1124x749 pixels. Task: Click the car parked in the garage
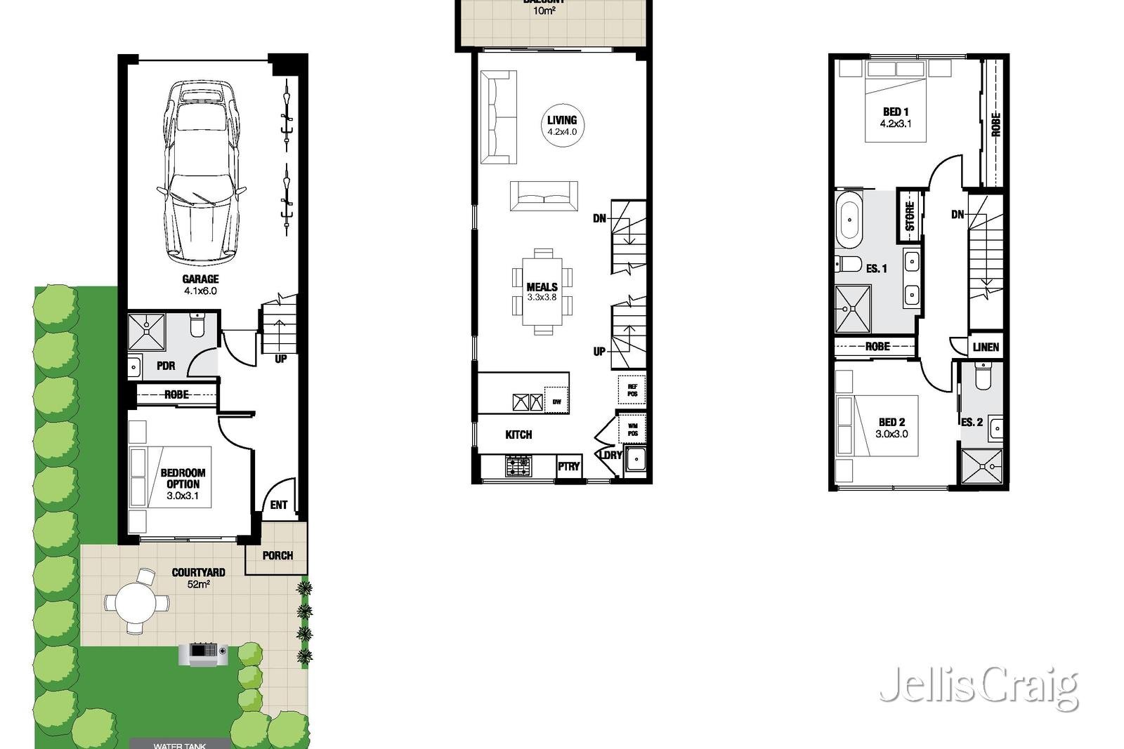click(201, 172)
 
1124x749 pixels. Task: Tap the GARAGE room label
click(201, 279)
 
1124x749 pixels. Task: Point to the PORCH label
click(277, 555)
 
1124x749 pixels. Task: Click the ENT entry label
click(279, 505)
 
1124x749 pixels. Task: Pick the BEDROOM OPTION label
click(183, 478)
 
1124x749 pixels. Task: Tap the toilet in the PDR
click(197, 326)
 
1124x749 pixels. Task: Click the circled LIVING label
click(562, 125)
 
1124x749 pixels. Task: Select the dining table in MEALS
click(542, 291)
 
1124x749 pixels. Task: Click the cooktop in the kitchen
click(519, 465)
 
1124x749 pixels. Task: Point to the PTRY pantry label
click(569, 466)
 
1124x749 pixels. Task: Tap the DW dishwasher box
click(556, 401)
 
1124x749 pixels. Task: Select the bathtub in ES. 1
click(849, 218)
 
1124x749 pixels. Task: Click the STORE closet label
click(910, 216)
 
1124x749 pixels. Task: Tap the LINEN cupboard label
click(986, 347)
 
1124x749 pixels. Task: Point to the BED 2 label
click(892, 422)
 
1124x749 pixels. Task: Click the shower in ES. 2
click(982, 467)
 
